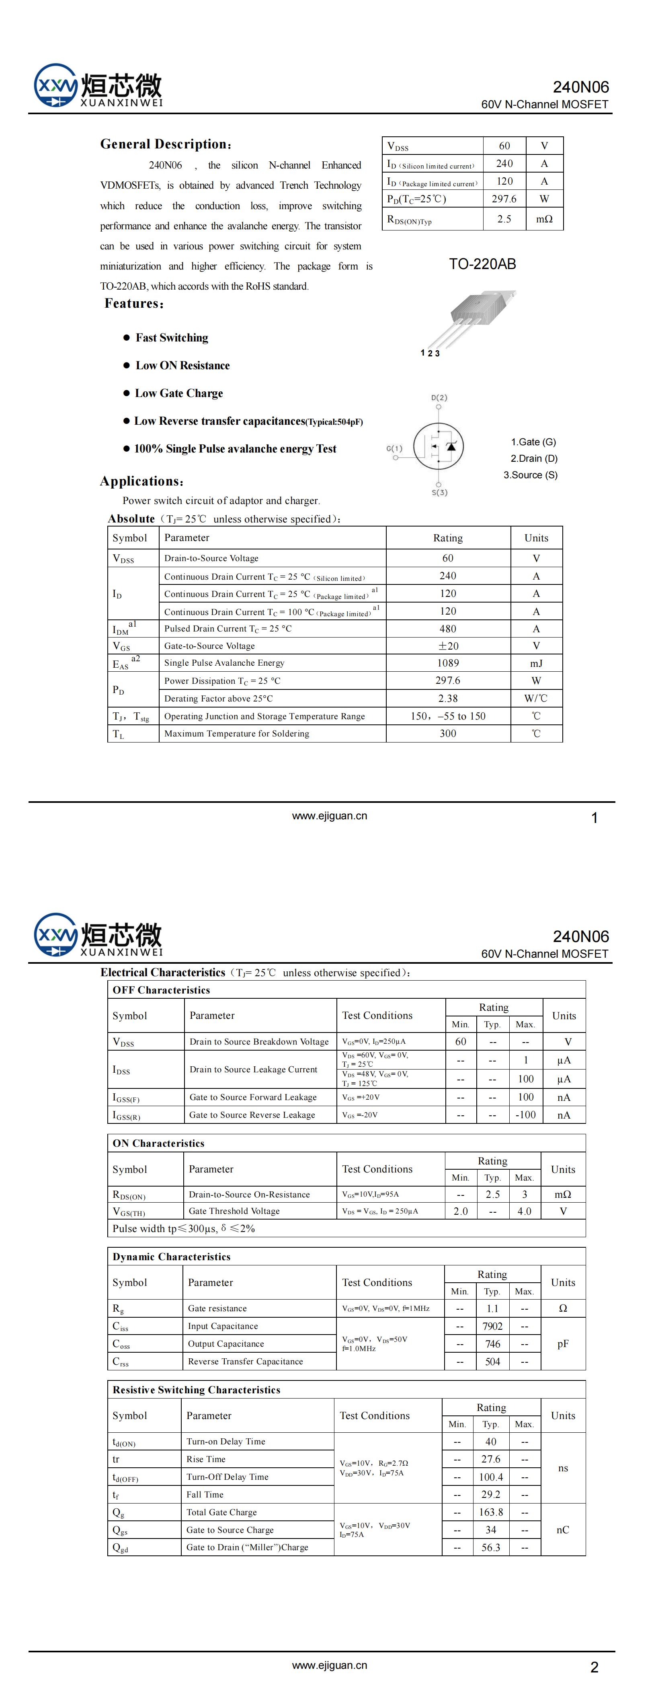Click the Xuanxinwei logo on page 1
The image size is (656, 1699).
tap(98, 86)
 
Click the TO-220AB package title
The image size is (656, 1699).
tap(482, 264)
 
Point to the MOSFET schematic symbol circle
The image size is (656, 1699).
tap(439, 446)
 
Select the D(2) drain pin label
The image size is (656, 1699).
tap(439, 398)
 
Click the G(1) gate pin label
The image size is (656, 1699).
tap(394, 448)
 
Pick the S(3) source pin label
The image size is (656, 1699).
tap(439, 493)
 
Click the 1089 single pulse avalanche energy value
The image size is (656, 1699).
tap(448, 663)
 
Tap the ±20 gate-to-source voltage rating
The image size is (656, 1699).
tap(448, 646)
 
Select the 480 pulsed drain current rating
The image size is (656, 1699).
tap(448, 629)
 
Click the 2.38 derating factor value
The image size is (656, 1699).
tap(448, 698)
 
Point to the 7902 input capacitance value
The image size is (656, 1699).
tap(492, 1326)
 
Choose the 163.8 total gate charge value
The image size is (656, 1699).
tap(490, 1512)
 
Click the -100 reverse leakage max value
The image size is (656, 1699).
tap(525, 1115)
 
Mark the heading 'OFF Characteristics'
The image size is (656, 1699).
tap(161, 990)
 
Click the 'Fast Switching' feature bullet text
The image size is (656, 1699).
tap(171, 338)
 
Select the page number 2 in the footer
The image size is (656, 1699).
tap(594, 1667)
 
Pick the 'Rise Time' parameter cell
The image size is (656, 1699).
tap(206, 1459)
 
